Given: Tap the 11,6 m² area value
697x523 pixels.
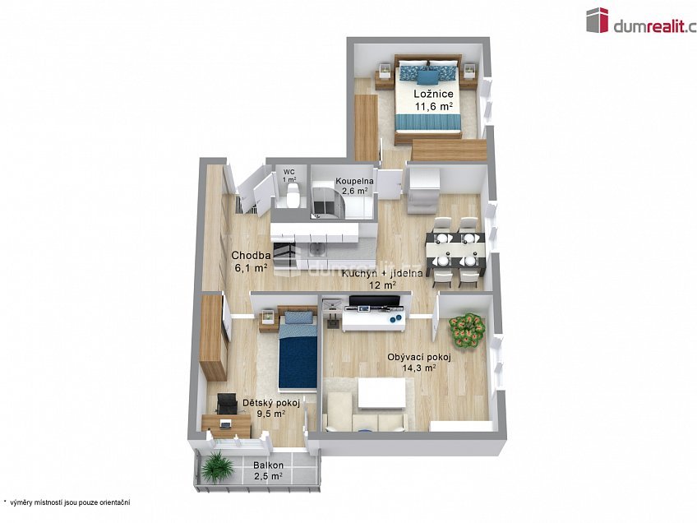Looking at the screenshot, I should pyautogui.click(x=433, y=106).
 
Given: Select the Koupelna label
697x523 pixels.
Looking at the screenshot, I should pyautogui.click(x=355, y=181).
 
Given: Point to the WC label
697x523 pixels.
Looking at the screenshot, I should pyautogui.click(x=289, y=172).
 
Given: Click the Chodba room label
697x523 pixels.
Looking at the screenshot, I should pyautogui.click(x=249, y=255).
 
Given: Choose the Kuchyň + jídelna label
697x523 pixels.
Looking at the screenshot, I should pyautogui.click(x=382, y=273).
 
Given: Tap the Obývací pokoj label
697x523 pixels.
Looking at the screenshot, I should pyautogui.click(x=418, y=357).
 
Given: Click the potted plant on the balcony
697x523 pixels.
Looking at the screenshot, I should pyautogui.click(x=218, y=468).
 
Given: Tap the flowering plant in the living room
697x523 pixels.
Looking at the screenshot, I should pyautogui.click(x=466, y=331).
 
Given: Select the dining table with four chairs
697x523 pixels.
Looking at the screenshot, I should pyautogui.click(x=455, y=248).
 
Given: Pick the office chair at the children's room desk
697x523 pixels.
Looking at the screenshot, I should pyautogui.click(x=225, y=405).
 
